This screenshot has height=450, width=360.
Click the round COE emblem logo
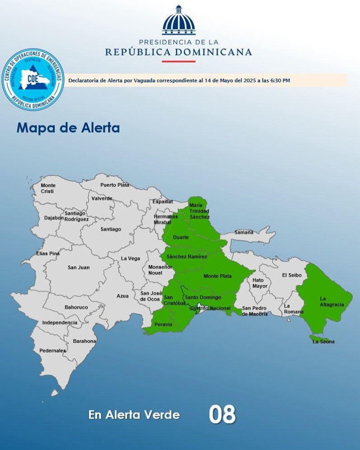point(32,80)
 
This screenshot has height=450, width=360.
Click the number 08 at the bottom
point(222,414)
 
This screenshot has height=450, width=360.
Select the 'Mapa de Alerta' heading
point(68,128)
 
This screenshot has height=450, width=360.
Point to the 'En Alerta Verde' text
point(134,415)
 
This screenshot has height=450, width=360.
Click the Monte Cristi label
point(48,188)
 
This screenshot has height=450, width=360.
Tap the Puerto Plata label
point(114,185)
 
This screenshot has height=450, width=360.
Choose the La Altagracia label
point(332,301)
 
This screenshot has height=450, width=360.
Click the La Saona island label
point(324,342)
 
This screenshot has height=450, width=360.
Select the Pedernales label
point(53,351)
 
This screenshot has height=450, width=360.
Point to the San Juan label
point(79,268)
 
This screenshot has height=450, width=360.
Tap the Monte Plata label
point(217,276)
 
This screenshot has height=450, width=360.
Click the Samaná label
point(244,232)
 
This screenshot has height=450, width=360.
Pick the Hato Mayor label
point(260,283)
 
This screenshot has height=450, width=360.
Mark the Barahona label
point(85,341)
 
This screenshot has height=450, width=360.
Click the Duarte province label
point(180,237)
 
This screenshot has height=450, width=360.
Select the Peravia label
point(163,324)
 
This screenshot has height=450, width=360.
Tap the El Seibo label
point(292,275)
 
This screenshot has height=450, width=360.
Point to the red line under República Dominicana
point(179,61)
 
